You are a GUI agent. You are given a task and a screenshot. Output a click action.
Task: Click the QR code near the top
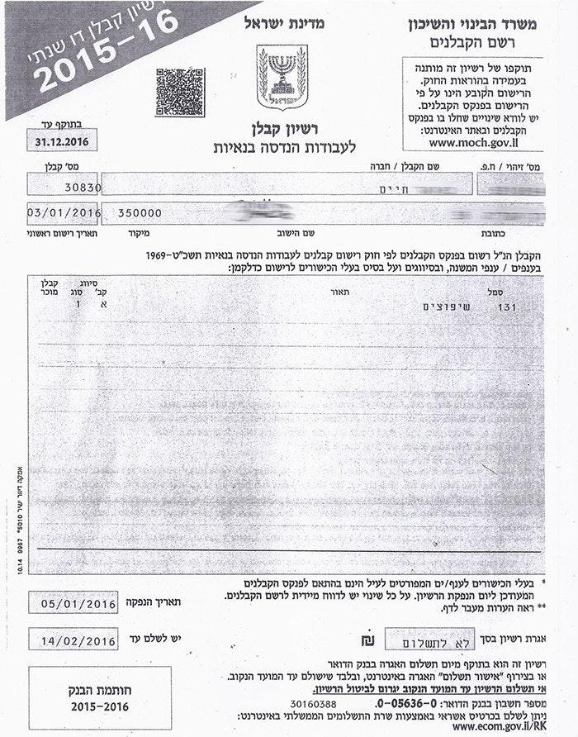tap(179, 92)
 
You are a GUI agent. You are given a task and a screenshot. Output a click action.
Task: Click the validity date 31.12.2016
tap(62, 142)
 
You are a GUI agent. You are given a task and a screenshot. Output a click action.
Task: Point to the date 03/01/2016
tap(64, 212)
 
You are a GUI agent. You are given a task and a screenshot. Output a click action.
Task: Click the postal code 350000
tap(140, 212)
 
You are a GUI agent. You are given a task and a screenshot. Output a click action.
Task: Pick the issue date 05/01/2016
tap(79, 603)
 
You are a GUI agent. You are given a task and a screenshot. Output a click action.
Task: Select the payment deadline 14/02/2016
tap(79, 639)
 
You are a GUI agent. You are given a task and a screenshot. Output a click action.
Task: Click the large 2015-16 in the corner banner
tap(107, 50)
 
